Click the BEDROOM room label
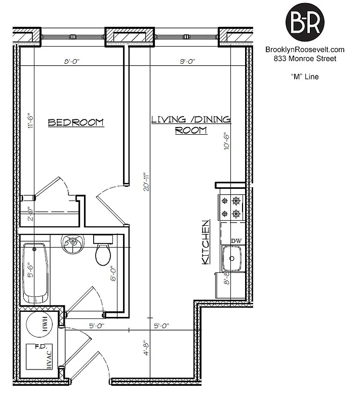(75, 123)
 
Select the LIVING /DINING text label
(191, 119)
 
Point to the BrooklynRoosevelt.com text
(305, 50)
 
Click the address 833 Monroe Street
(305, 59)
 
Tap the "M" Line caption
(305, 77)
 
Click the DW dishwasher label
(236, 241)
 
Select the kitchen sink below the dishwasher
(232, 259)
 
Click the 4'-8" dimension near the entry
(146, 349)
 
